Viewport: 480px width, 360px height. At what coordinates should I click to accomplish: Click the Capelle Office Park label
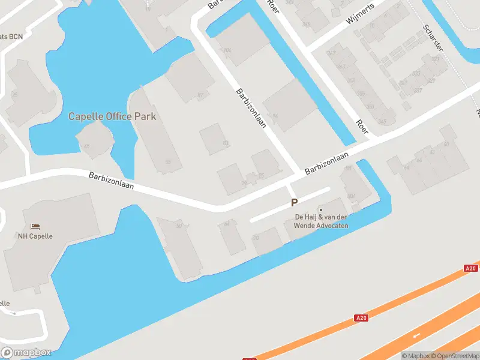(x=112, y=116)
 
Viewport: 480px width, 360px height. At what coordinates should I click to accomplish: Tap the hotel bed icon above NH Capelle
(x=35, y=227)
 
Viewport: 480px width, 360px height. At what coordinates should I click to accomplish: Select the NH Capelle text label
(x=35, y=236)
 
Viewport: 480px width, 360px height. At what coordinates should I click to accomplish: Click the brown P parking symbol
(x=294, y=203)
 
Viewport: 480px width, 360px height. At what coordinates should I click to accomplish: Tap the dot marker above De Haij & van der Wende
(x=320, y=209)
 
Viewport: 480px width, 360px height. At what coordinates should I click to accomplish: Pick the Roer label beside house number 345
(x=362, y=127)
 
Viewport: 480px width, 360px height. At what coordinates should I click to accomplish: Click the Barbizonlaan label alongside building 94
(x=251, y=109)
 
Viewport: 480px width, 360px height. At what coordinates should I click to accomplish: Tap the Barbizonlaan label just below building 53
(x=111, y=182)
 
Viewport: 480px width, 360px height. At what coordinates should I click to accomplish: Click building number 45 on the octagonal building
(x=88, y=146)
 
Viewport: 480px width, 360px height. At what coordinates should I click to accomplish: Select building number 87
(x=200, y=95)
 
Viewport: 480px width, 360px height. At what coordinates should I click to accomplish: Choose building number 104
(x=227, y=50)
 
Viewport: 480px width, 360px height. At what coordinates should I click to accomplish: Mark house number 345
(x=382, y=122)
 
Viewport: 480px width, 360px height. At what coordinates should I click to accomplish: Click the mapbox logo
(x=26, y=352)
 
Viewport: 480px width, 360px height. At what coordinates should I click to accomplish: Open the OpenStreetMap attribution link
(x=455, y=355)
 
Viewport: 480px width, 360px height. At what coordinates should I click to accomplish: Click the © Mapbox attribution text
(x=416, y=355)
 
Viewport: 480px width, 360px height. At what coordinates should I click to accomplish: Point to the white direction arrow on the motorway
(x=416, y=335)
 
